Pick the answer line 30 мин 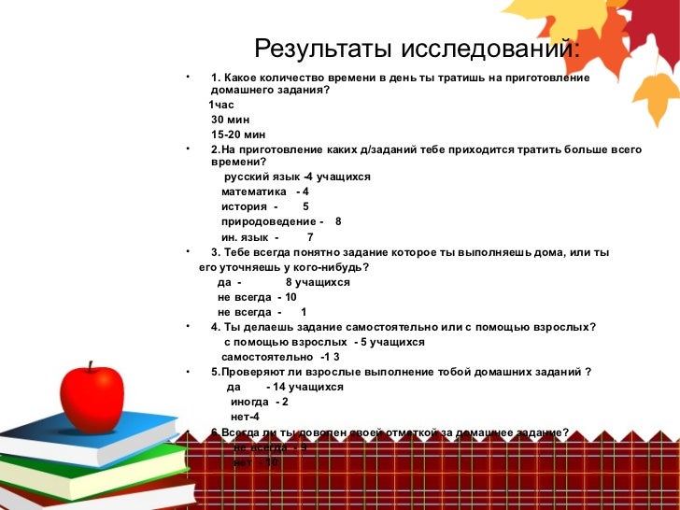[x=230, y=120]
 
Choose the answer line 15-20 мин [x=238, y=135]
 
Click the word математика [x=253, y=191]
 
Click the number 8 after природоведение [x=338, y=221]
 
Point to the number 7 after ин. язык [x=310, y=237]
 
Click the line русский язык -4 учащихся [x=297, y=177]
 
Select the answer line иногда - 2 [x=259, y=402]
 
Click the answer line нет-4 [x=245, y=417]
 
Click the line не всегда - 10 [x=257, y=297]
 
